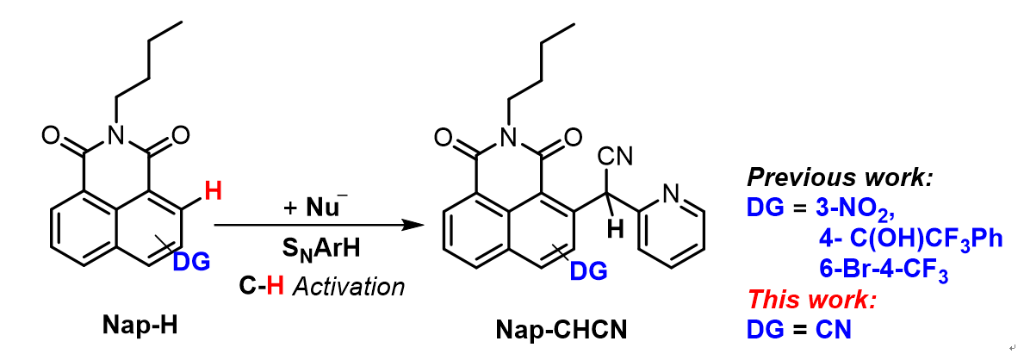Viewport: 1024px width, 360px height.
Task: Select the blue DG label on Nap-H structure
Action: tap(189, 261)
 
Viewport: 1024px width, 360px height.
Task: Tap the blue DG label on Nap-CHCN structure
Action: tap(588, 271)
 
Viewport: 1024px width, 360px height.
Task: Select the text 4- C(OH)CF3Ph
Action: tap(911, 239)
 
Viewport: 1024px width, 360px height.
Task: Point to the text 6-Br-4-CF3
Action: tap(884, 270)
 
